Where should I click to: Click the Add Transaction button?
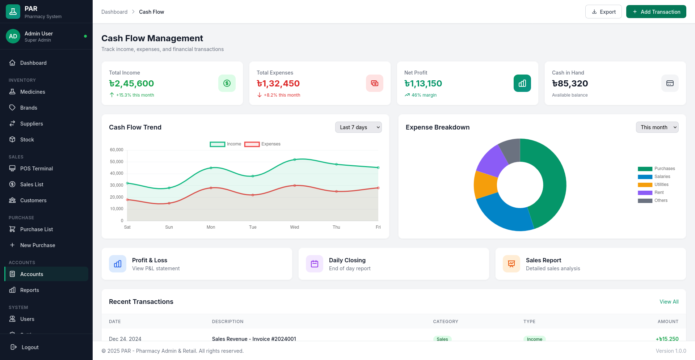[x=656, y=12]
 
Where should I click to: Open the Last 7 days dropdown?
[x=358, y=127]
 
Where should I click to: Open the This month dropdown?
[x=657, y=127]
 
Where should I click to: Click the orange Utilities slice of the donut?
[x=485, y=185]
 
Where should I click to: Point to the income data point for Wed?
[x=295, y=160]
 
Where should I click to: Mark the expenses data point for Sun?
[x=169, y=203]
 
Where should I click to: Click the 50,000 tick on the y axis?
[x=117, y=162]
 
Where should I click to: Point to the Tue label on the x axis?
[x=253, y=227]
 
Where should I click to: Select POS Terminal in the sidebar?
[x=37, y=169]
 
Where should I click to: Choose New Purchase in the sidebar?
[x=38, y=245]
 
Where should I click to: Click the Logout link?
[x=30, y=347]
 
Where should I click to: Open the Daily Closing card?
[x=393, y=264]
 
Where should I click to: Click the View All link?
[x=669, y=302]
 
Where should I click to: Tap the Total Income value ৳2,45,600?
[x=132, y=84]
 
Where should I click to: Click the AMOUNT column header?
[x=667, y=322]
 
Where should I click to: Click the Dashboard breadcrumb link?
[x=114, y=12]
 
